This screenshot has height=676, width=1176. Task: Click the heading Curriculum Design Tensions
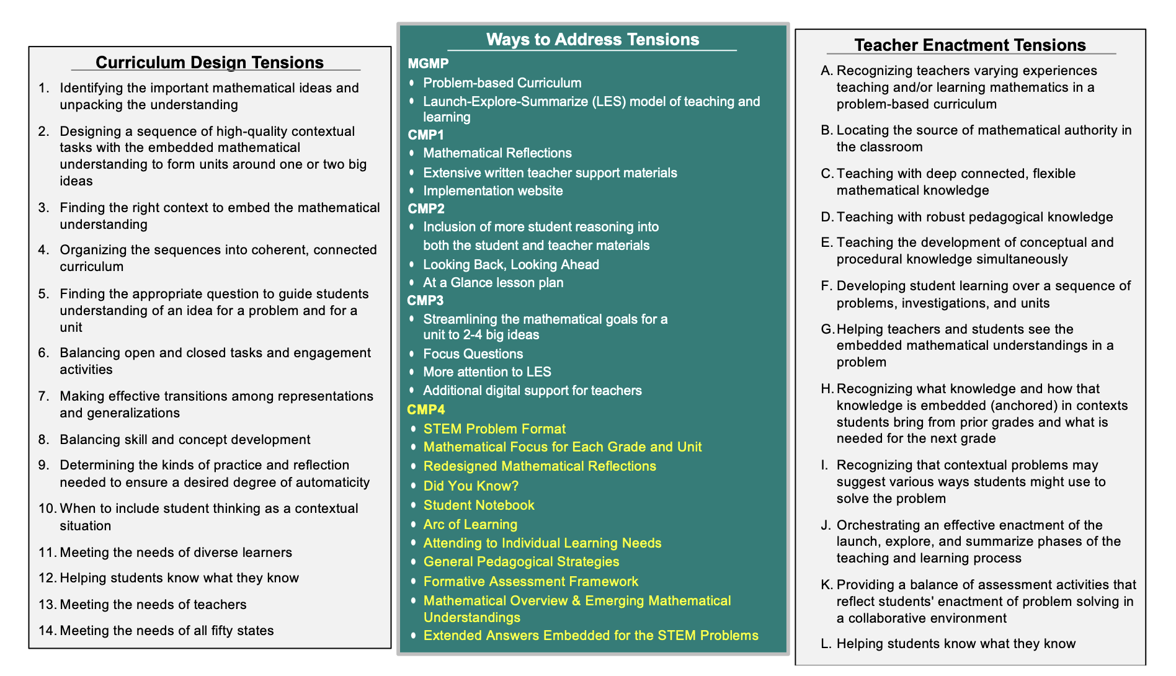tap(210, 63)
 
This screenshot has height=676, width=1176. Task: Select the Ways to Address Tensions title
tap(592, 40)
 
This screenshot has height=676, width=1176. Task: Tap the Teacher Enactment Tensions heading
tap(970, 45)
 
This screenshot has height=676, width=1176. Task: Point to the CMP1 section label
tap(426, 135)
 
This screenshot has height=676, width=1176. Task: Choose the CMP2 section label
tap(426, 208)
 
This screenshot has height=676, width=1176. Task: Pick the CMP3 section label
tap(425, 301)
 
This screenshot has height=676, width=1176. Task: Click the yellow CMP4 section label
tap(426, 410)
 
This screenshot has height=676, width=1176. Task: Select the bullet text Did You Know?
tap(471, 486)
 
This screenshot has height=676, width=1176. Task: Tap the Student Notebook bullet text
tap(479, 505)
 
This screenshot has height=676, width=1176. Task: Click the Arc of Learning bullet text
tap(470, 525)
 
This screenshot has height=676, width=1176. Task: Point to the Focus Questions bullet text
tap(473, 354)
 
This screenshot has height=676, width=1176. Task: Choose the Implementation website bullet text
tap(493, 191)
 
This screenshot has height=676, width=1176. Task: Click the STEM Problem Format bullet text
tap(494, 429)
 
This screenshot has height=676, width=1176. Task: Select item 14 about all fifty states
tap(166, 631)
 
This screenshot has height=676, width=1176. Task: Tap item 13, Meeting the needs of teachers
tap(153, 605)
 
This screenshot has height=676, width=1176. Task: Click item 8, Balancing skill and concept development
tap(185, 440)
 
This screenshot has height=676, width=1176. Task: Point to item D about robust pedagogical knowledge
tap(974, 217)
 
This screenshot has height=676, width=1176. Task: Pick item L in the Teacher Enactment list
tap(956, 644)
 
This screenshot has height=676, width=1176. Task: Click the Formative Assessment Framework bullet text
tap(531, 582)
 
